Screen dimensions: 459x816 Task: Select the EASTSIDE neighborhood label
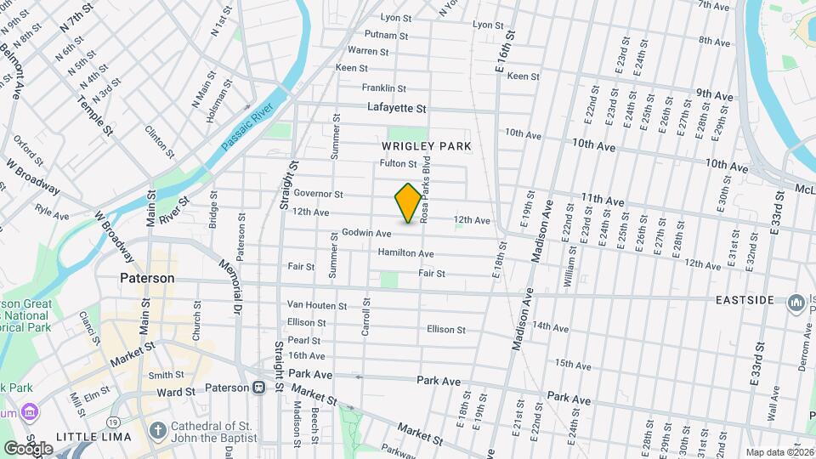[x=745, y=301]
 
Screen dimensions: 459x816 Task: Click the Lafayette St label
[x=397, y=108]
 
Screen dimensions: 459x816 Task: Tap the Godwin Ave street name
[x=366, y=233]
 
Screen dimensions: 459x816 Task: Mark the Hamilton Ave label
[x=406, y=253]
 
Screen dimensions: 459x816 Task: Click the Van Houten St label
[x=317, y=305]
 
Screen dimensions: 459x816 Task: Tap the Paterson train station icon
[x=258, y=388]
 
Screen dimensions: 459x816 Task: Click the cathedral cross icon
[x=157, y=430]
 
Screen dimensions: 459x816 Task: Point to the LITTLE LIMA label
[x=93, y=437]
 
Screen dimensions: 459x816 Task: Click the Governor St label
[x=318, y=194]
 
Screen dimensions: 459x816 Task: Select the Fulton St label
[x=399, y=164]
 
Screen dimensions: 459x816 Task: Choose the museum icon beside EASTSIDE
[x=796, y=303]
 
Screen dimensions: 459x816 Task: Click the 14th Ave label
[x=550, y=326]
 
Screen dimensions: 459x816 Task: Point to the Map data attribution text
[x=779, y=452]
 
